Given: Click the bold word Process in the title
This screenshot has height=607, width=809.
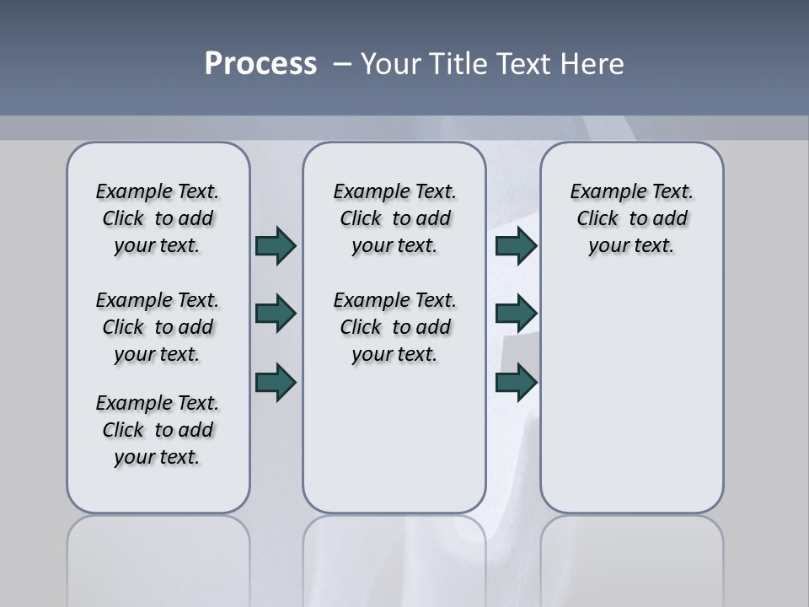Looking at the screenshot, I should pyautogui.click(x=260, y=64).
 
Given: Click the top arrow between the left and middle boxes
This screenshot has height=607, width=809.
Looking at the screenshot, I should pyautogui.click(x=276, y=245).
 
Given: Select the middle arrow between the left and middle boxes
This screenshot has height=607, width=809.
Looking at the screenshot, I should pyautogui.click(x=276, y=314).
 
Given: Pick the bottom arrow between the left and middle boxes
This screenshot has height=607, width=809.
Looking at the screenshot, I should pyautogui.click(x=276, y=382).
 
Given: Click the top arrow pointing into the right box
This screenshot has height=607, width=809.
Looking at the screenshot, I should pyautogui.click(x=516, y=245).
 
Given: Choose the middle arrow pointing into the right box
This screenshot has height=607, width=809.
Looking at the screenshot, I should pyautogui.click(x=516, y=314).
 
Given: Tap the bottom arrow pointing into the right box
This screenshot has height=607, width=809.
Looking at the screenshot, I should pyautogui.click(x=516, y=382).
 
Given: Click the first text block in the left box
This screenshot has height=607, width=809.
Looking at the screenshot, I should pyautogui.click(x=158, y=218).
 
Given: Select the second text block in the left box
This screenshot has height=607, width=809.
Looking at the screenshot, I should pyautogui.click(x=158, y=327).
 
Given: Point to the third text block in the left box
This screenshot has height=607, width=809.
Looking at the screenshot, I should pyautogui.click(x=158, y=430).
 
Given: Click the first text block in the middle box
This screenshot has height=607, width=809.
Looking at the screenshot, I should pyautogui.click(x=394, y=218).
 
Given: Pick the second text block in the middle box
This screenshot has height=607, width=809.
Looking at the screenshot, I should pyautogui.click(x=394, y=327).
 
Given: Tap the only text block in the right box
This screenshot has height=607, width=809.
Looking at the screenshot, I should pyautogui.click(x=631, y=218).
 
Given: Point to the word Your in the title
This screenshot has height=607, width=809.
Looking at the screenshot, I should pyautogui.click(x=392, y=64).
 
